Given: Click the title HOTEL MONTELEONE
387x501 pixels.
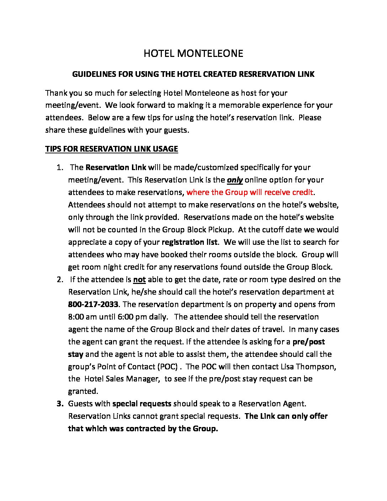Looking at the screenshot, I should [x=193, y=53].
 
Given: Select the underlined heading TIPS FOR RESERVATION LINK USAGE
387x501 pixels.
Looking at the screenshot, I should [x=111, y=149].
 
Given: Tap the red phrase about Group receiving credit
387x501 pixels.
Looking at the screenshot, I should [x=250, y=192].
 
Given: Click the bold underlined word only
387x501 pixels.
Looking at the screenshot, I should [x=235, y=180].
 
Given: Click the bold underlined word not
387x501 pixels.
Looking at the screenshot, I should [x=139, y=279].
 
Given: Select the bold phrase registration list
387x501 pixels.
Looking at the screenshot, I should [x=189, y=242].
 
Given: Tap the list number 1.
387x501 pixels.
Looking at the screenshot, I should [x=59, y=167].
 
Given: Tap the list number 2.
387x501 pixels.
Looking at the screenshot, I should [x=59, y=279].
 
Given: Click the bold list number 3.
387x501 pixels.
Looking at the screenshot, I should [x=59, y=404].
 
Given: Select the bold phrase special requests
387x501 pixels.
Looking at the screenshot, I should [x=142, y=404].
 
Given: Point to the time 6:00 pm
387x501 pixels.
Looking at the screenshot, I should [x=139, y=317].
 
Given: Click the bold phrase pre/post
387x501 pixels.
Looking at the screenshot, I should [x=308, y=342].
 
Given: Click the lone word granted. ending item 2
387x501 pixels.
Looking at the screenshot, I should [x=83, y=391].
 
